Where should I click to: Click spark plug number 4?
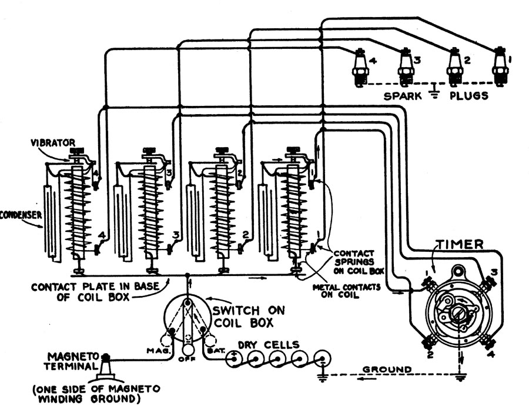click(360, 66)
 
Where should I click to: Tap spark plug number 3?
click(405, 65)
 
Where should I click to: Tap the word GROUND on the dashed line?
click(387, 369)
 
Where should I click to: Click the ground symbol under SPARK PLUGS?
click(434, 89)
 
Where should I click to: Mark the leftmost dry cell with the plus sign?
click(234, 357)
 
